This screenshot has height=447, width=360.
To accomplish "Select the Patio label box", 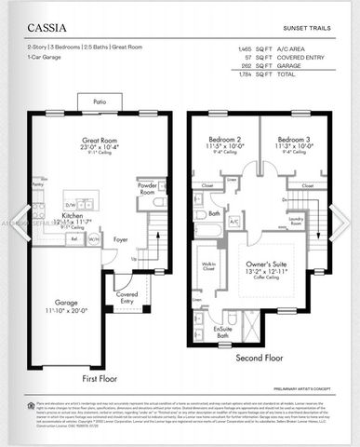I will point(100,102).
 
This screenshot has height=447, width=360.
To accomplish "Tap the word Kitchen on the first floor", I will point(73,215).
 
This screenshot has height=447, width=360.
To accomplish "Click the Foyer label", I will point(121,238).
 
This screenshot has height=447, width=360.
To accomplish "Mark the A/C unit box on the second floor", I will point(233,222).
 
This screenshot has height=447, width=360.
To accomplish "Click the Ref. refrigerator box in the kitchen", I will point(73,238).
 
